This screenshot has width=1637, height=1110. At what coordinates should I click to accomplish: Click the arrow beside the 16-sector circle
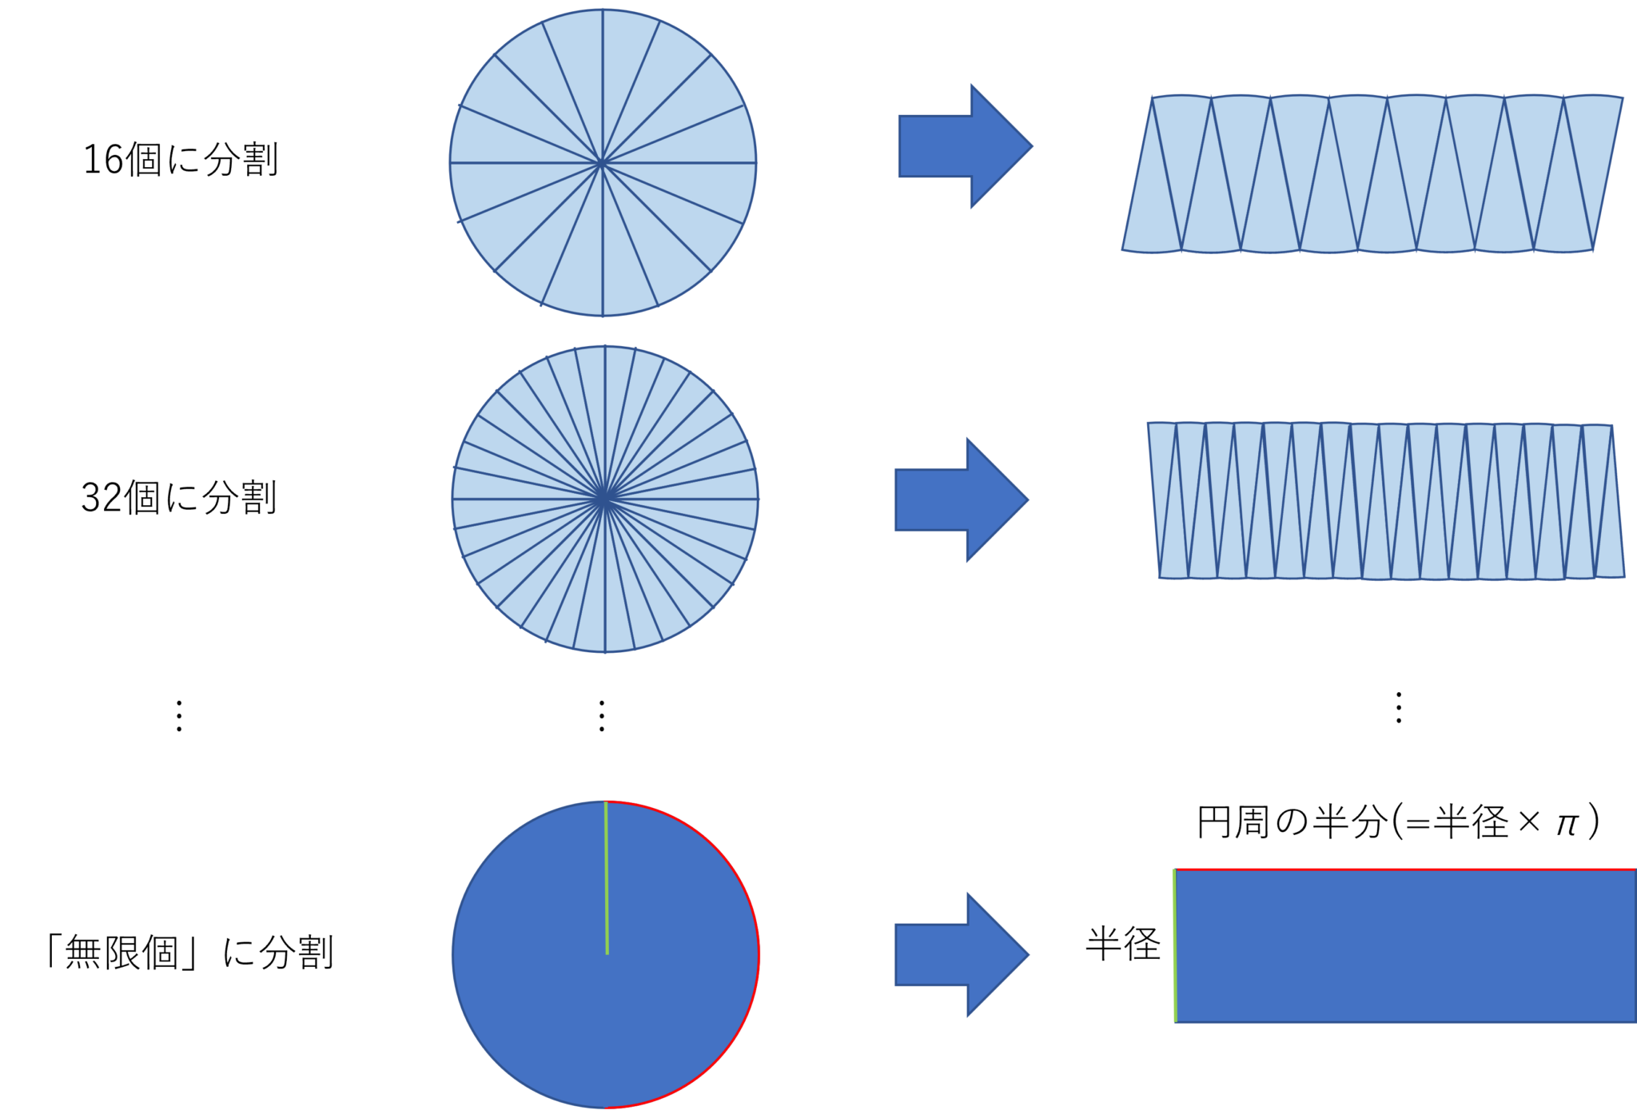(959, 146)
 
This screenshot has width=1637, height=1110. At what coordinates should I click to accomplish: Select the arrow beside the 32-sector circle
(955, 499)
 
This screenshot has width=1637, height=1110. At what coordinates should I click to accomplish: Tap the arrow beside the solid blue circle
(955, 954)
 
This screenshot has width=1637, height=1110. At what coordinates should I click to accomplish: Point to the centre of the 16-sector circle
(602, 163)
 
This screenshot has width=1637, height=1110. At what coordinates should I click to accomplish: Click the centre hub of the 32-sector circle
(605, 499)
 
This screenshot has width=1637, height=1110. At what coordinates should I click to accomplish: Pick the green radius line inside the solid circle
(607, 879)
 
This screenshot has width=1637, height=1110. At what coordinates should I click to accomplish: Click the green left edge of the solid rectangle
(1174, 945)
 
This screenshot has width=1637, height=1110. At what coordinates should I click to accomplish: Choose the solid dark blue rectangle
(1405, 946)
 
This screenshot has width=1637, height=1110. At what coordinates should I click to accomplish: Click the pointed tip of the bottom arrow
(1029, 954)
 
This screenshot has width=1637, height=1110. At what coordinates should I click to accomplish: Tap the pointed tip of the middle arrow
(1029, 499)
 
